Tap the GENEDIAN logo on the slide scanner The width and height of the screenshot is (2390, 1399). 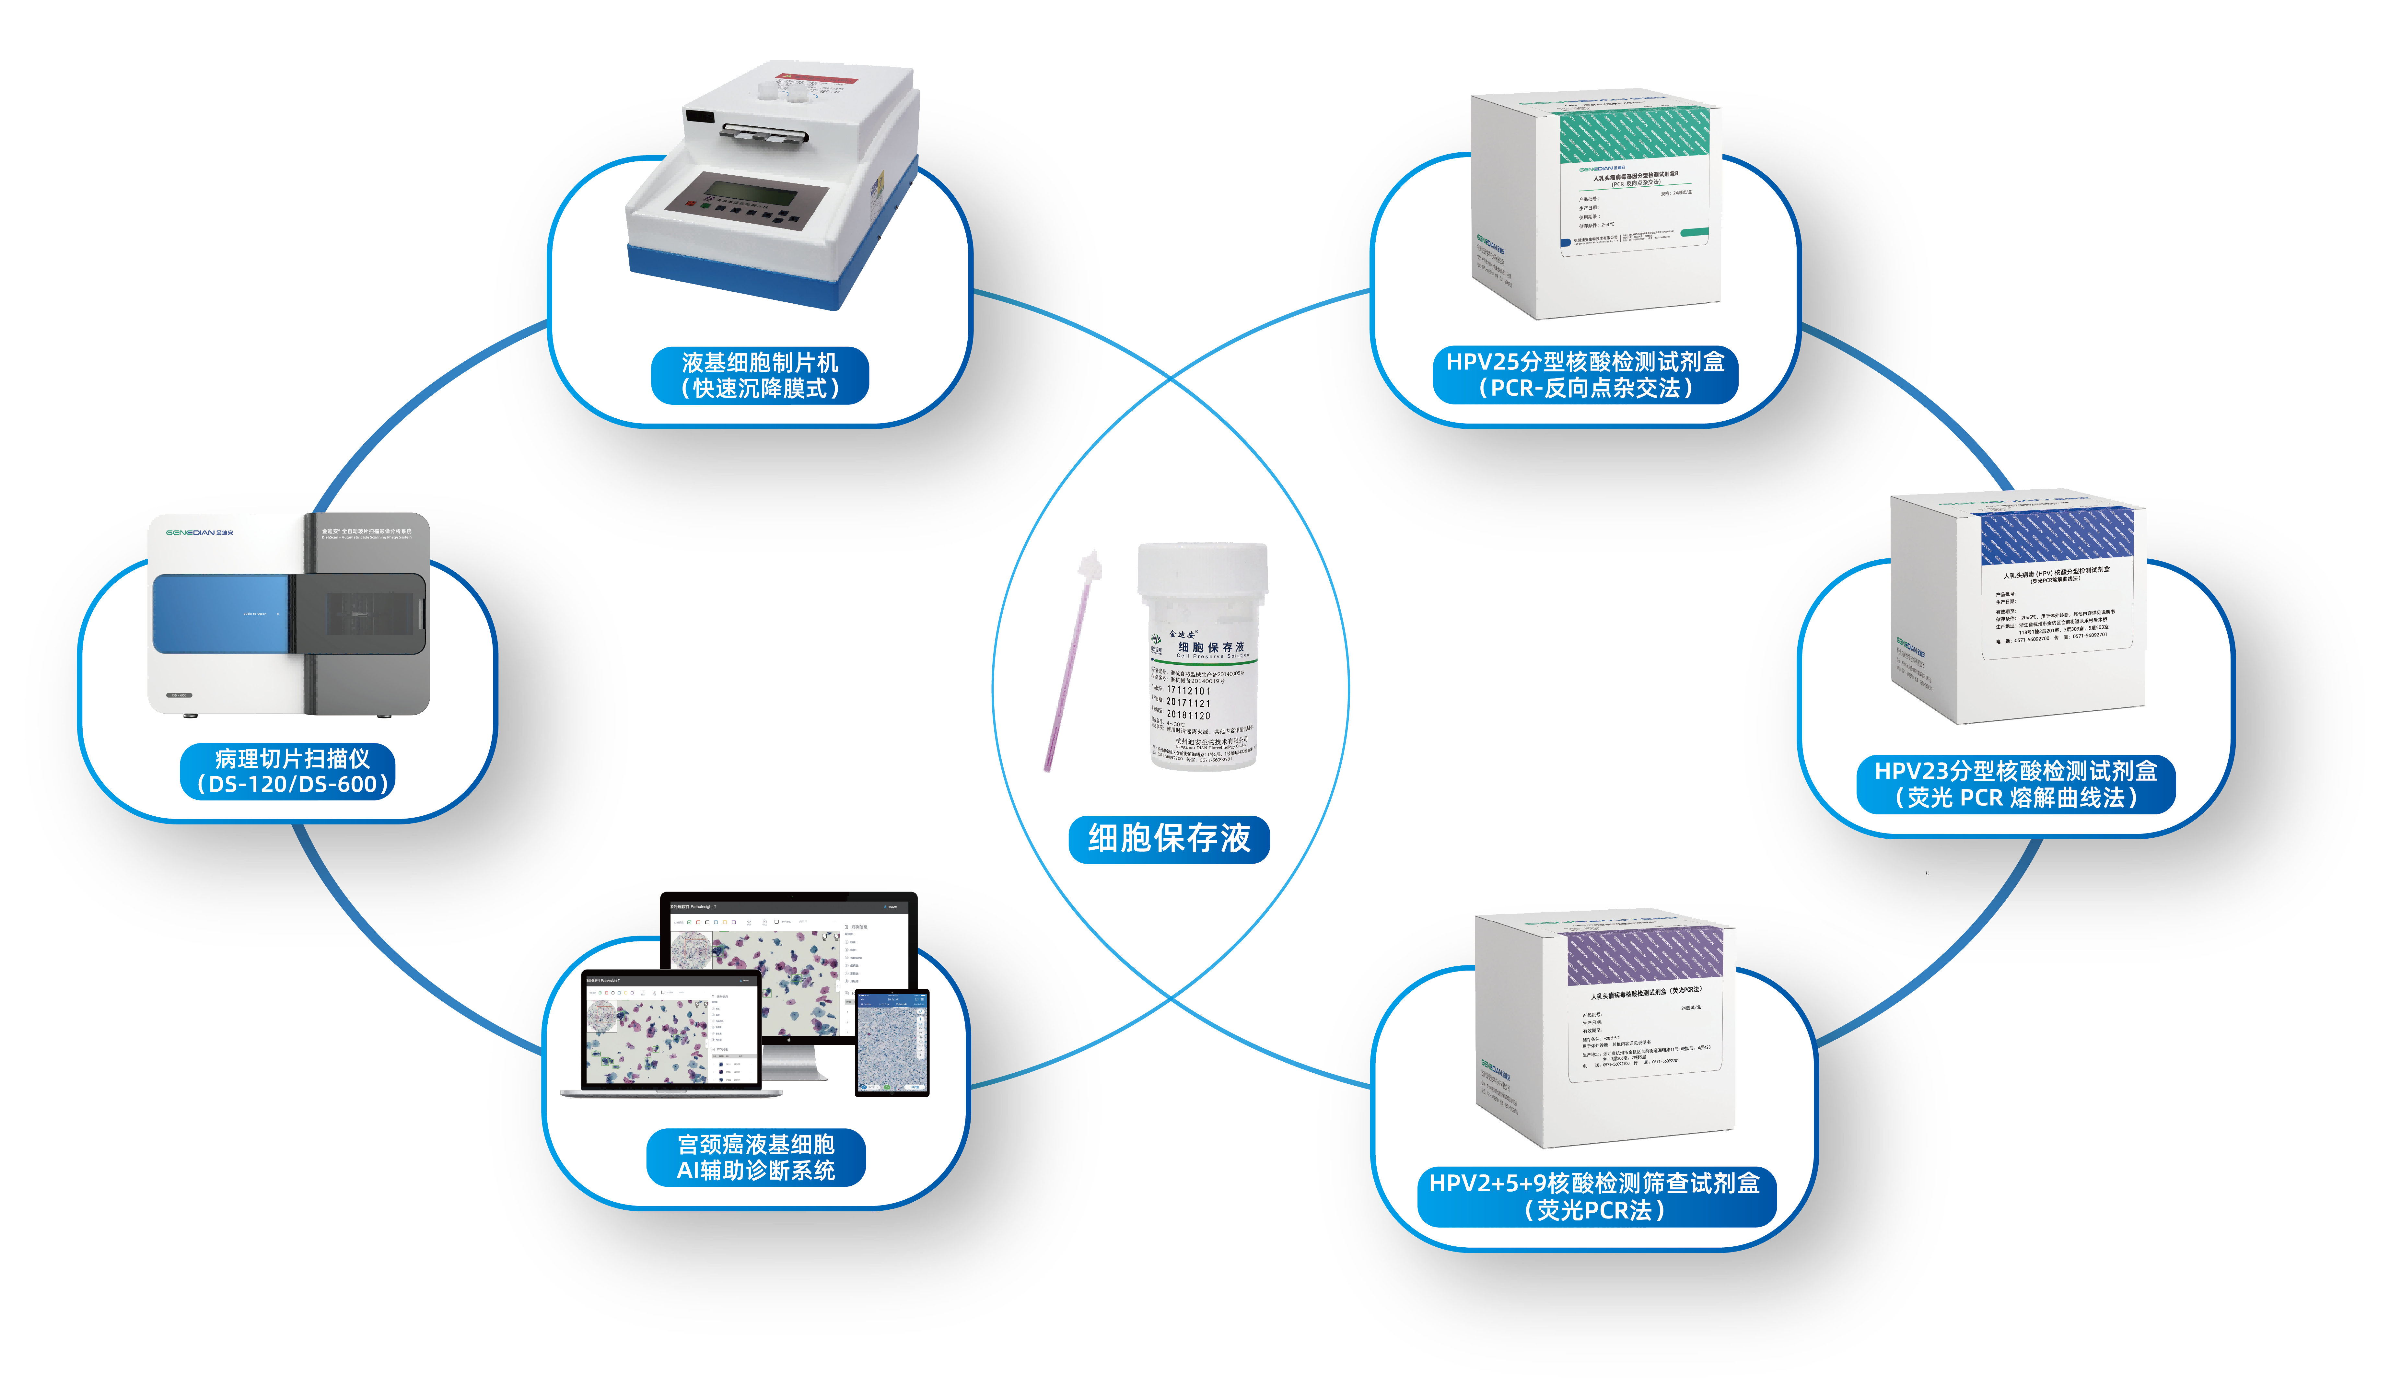(199, 533)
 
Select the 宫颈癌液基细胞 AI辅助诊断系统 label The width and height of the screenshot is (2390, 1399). (756, 1157)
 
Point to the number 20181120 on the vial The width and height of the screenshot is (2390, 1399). (1188, 715)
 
